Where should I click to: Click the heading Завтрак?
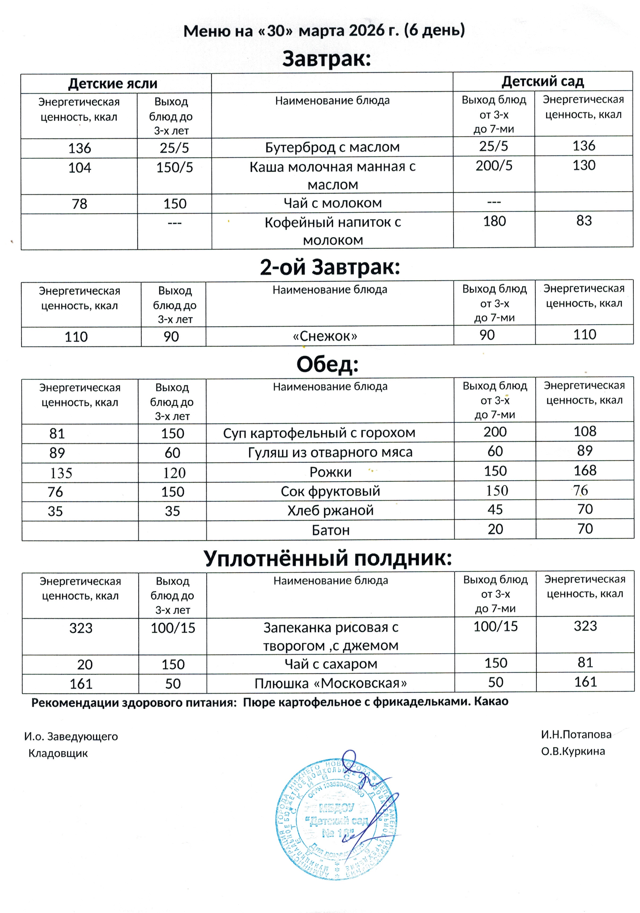326,59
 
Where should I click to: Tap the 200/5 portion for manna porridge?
494,166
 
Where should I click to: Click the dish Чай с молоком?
332,203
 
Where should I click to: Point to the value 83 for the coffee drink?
584,221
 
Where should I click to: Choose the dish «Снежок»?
325,336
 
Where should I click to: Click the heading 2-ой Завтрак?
329,267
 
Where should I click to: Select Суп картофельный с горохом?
319,433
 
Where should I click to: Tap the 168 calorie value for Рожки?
585,470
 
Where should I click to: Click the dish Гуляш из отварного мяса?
330,452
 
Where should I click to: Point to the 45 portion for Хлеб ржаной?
495,509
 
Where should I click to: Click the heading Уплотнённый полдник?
328,558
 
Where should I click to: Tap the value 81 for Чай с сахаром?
585,662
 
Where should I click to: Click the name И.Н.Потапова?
576,734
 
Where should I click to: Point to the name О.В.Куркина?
573,751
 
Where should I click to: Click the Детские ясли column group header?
113,83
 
